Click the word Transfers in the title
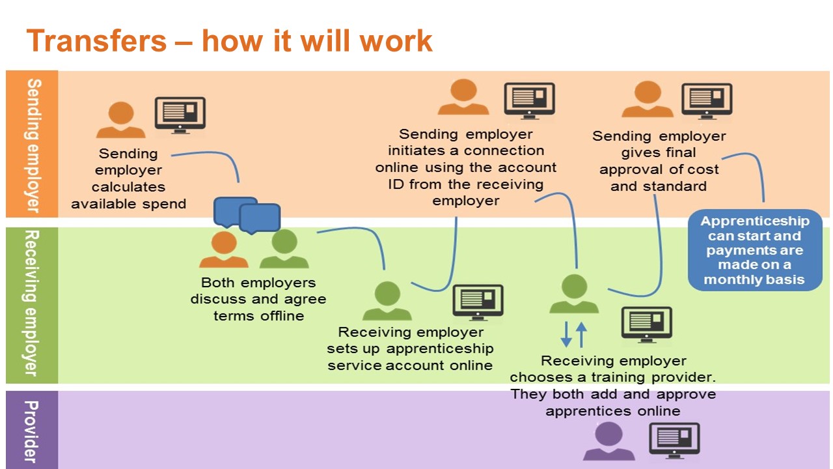coord(96,40)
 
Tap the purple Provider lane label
coord(32,430)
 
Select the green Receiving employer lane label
coord(32,306)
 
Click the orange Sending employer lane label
coord(32,144)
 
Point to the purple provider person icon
coord(608,442)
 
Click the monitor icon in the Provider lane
coord(674,440)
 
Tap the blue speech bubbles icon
coord(247,215)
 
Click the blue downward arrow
coord(566,334)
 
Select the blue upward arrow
coord(581,335)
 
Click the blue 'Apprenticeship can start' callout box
coord(754,249)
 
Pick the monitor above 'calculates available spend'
coord(180,115)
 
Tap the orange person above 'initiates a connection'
coord(463,97)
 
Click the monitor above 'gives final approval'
coord(707,101)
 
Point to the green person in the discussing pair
coord(284,249)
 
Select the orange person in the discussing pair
coord(224,249)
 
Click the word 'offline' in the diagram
coord(282,316)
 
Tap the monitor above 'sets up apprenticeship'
coord(478,302)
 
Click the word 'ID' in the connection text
coord(396,184)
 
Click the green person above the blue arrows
coord(574,294)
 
